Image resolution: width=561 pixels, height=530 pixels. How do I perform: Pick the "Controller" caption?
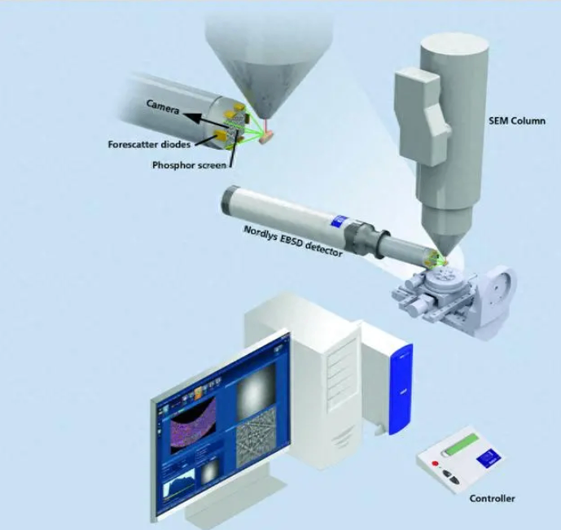pos(492,498)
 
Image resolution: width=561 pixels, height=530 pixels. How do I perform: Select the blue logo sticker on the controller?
pos(489,459)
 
